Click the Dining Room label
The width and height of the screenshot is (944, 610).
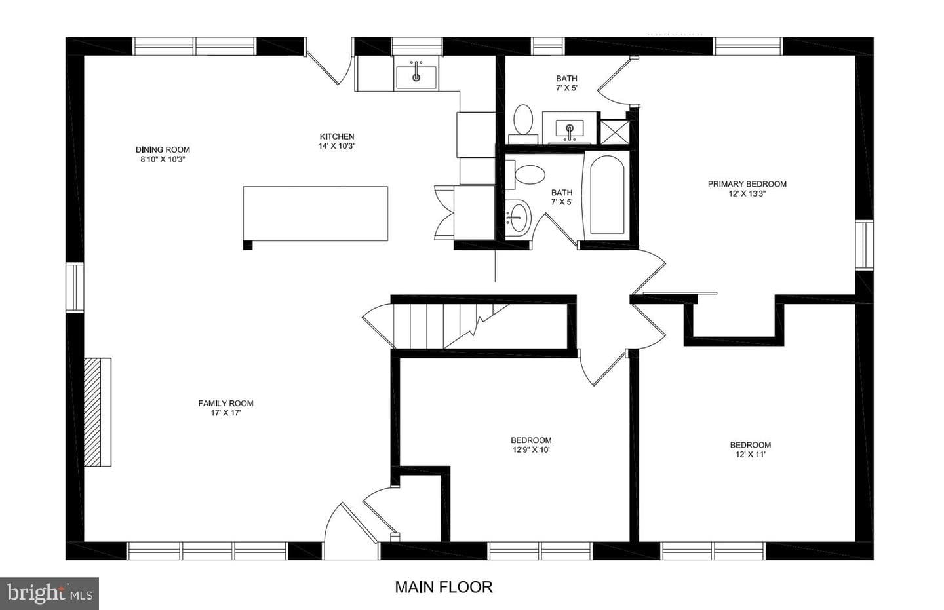coord(163,149)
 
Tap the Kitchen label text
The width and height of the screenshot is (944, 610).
coord(337,136)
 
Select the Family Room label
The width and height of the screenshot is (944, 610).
coord(226,403)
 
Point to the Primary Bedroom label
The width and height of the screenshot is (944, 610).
coord(747,184)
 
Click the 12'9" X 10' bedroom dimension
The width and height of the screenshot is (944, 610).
coord(531,450)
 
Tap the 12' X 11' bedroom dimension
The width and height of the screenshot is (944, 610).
coord(751,455)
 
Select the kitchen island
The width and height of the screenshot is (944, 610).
coord(315,214)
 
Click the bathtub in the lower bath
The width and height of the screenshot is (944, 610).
coord(607,195)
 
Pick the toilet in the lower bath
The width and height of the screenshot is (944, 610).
coord(526,175)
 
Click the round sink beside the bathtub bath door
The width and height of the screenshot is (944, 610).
coord(518,217)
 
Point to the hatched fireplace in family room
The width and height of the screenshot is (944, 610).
coord(97,412)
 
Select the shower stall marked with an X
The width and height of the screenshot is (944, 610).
coord(615,132)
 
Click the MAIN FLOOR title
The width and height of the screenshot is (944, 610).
coord(444,587)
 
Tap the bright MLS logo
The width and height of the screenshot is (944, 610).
coord(49,594)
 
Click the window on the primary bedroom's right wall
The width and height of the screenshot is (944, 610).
coord(864,245)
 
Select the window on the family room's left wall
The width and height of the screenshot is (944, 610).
coord(75,287)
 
